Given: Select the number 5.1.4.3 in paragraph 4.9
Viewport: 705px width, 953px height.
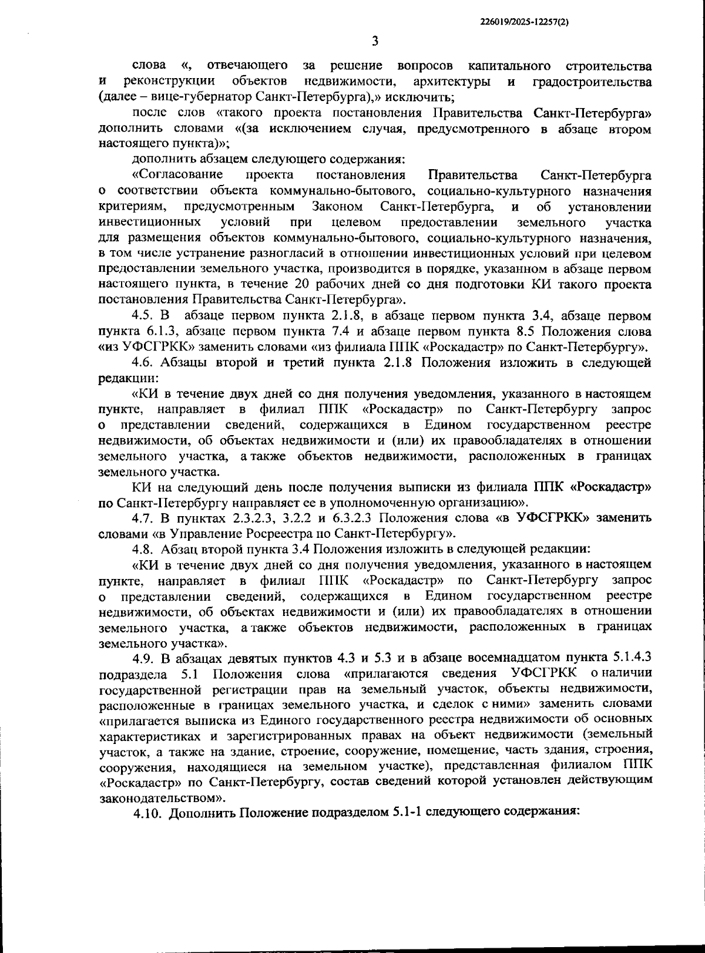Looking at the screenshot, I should pos(628,657).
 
